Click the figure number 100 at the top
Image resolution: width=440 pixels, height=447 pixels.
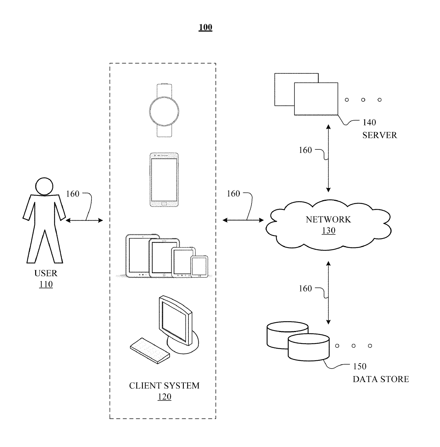click(x=205, y=27)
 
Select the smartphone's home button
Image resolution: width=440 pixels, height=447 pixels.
click(x=164, y=204)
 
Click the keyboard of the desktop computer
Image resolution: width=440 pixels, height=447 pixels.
click(x=150, y=351)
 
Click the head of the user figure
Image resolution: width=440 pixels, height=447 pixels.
click(x=44, y=186)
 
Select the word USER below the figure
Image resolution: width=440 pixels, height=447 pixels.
click(x=46, y=273)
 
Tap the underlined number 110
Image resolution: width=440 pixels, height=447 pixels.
click(x=46, y=285)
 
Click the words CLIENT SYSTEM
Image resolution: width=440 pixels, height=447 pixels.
click(x=164, y=386)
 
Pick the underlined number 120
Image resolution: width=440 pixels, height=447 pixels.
click(x=165, y=397)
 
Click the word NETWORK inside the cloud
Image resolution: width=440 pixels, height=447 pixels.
click(x=328, y=220)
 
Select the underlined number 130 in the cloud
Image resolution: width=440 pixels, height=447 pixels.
click(x=329, y=230)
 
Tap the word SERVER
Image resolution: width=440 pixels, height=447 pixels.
click(x=380, y=135)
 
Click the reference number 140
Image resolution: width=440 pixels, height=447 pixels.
click(x=369, y=122)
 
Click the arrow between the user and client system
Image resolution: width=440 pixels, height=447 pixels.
click(x=84, y=220)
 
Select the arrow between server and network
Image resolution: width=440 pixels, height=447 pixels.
click(x=328, y=158)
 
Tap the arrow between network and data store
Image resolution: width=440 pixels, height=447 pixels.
click(x=328, y=293)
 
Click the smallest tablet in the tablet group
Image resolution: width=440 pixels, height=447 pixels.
click(x=199, y=266)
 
